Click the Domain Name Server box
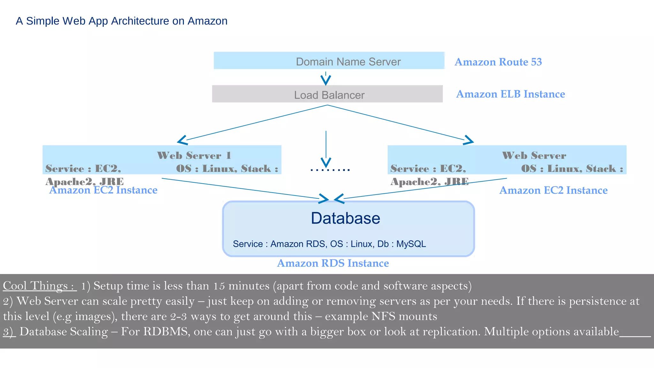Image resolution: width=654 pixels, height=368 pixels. coord(329,61)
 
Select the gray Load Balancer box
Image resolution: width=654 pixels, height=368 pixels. coord(327,94)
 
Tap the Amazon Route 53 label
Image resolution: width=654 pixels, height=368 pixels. coord(498,62)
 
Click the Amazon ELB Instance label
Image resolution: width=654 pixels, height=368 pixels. coord(510,94)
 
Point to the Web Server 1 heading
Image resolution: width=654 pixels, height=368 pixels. coord(194,156)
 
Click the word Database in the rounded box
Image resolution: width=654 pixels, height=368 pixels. coord(346,218)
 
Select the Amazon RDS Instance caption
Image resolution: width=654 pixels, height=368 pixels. coord(333,263)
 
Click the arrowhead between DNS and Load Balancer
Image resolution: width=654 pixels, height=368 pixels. coord(326,80)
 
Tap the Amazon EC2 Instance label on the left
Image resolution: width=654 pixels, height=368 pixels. coord(103,190)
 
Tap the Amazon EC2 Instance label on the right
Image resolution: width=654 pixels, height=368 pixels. coord(553,190)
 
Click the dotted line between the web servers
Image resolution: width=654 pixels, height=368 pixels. coord(330,170)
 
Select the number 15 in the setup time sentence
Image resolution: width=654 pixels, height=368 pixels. coord(219,286)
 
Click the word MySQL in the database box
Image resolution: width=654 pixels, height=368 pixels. coord(411,244)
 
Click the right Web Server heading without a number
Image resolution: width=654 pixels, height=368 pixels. coord(534,156)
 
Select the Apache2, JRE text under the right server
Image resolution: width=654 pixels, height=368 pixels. coord(429,182)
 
